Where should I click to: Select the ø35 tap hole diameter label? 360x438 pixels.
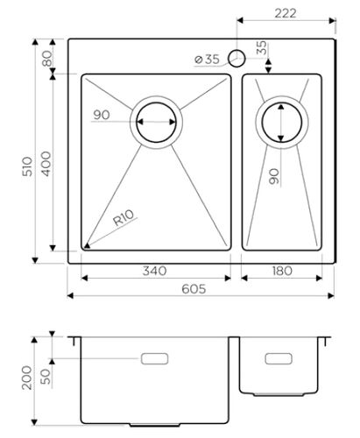(207, 60)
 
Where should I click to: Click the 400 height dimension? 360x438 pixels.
(46, 162)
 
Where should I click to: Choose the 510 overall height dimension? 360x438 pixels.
(26, 166)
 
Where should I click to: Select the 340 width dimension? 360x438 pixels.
(154, 272)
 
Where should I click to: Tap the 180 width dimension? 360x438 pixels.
(280, 272)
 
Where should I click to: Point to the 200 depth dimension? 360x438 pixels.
(26, 376)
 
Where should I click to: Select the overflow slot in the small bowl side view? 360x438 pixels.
(279, 359)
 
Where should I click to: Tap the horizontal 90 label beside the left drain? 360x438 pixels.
(101, 115)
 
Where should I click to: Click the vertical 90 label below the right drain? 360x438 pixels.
(273, 178)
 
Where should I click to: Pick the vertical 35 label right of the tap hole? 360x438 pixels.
(262, 49)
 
